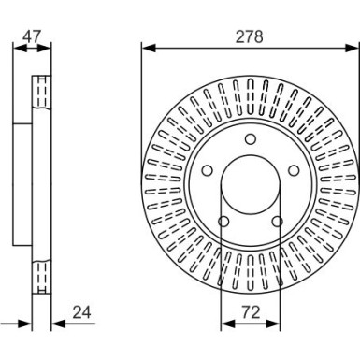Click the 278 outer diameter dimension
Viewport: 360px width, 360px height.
point(250,36)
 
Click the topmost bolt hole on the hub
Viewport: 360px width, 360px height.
point(251,140)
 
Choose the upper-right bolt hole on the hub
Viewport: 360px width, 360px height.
point(294,171)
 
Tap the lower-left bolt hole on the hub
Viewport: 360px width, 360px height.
point(223,222)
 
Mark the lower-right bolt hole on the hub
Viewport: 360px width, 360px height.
point(277,222)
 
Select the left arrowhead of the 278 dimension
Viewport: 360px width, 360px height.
point(146,48)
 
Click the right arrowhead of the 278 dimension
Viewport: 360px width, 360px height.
point(354,48)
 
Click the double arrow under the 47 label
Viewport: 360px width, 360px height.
point(32,50)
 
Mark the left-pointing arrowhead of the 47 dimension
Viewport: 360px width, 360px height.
point(17,50)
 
